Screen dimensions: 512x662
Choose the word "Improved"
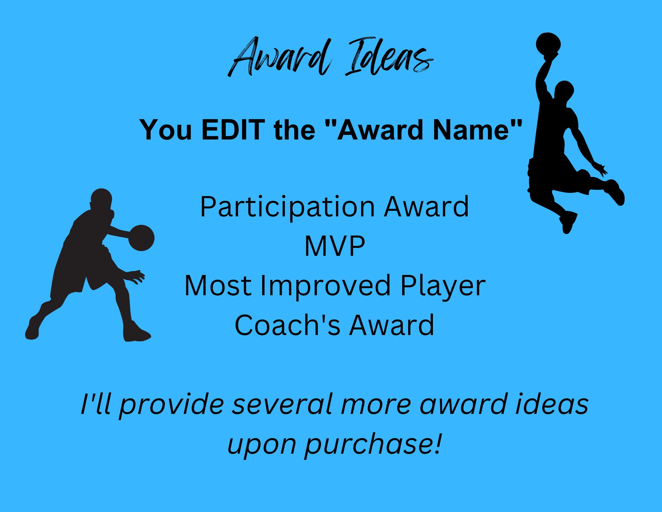pyautogui.click(x=326, y=286)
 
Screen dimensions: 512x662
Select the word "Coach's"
pyautogui.click(x=287, y=325)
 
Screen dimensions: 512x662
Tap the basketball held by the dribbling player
pyautogui.click(x=141, y=238)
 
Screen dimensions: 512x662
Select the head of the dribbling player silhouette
pyautogui.click(x=101, y=199)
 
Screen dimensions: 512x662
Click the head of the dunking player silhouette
pyautogui.click(x=564, y=90)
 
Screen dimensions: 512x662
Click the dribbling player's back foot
pyautogui.click(x=32, y=329)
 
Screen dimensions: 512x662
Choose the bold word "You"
pyautogui.click(x=166, y=130)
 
